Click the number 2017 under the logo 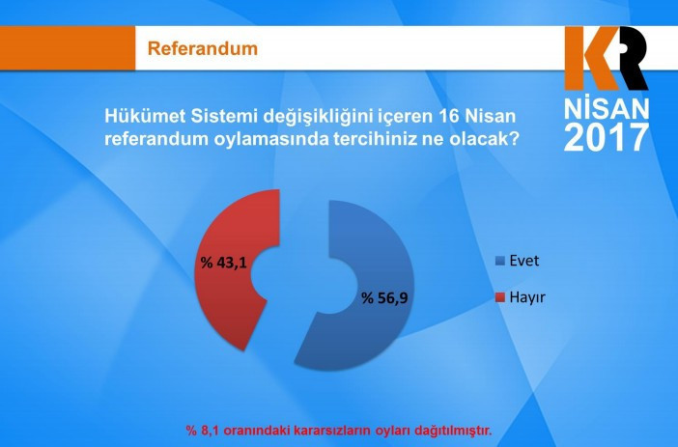pos(606,137)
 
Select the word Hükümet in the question pos(142,117)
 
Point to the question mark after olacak pos(516,138)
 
